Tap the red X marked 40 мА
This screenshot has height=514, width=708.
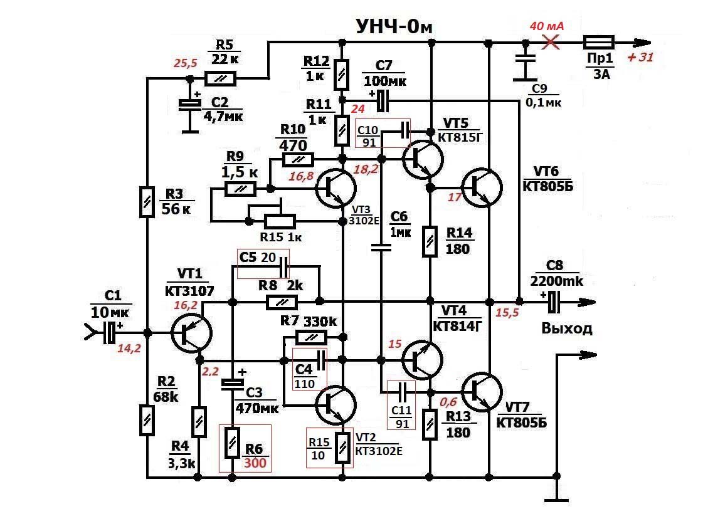[551, 43]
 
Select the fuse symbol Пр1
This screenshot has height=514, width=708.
[598, 43]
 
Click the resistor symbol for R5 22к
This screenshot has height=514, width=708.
[221, 78]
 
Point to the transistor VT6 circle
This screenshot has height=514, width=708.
[482, 186]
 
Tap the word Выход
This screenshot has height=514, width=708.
[566, 328]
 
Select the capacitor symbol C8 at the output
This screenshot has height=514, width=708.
[553, 302]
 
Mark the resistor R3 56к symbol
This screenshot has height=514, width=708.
[145, 202]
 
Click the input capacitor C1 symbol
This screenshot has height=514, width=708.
[110, 333]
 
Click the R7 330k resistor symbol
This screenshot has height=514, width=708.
[312, 338]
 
